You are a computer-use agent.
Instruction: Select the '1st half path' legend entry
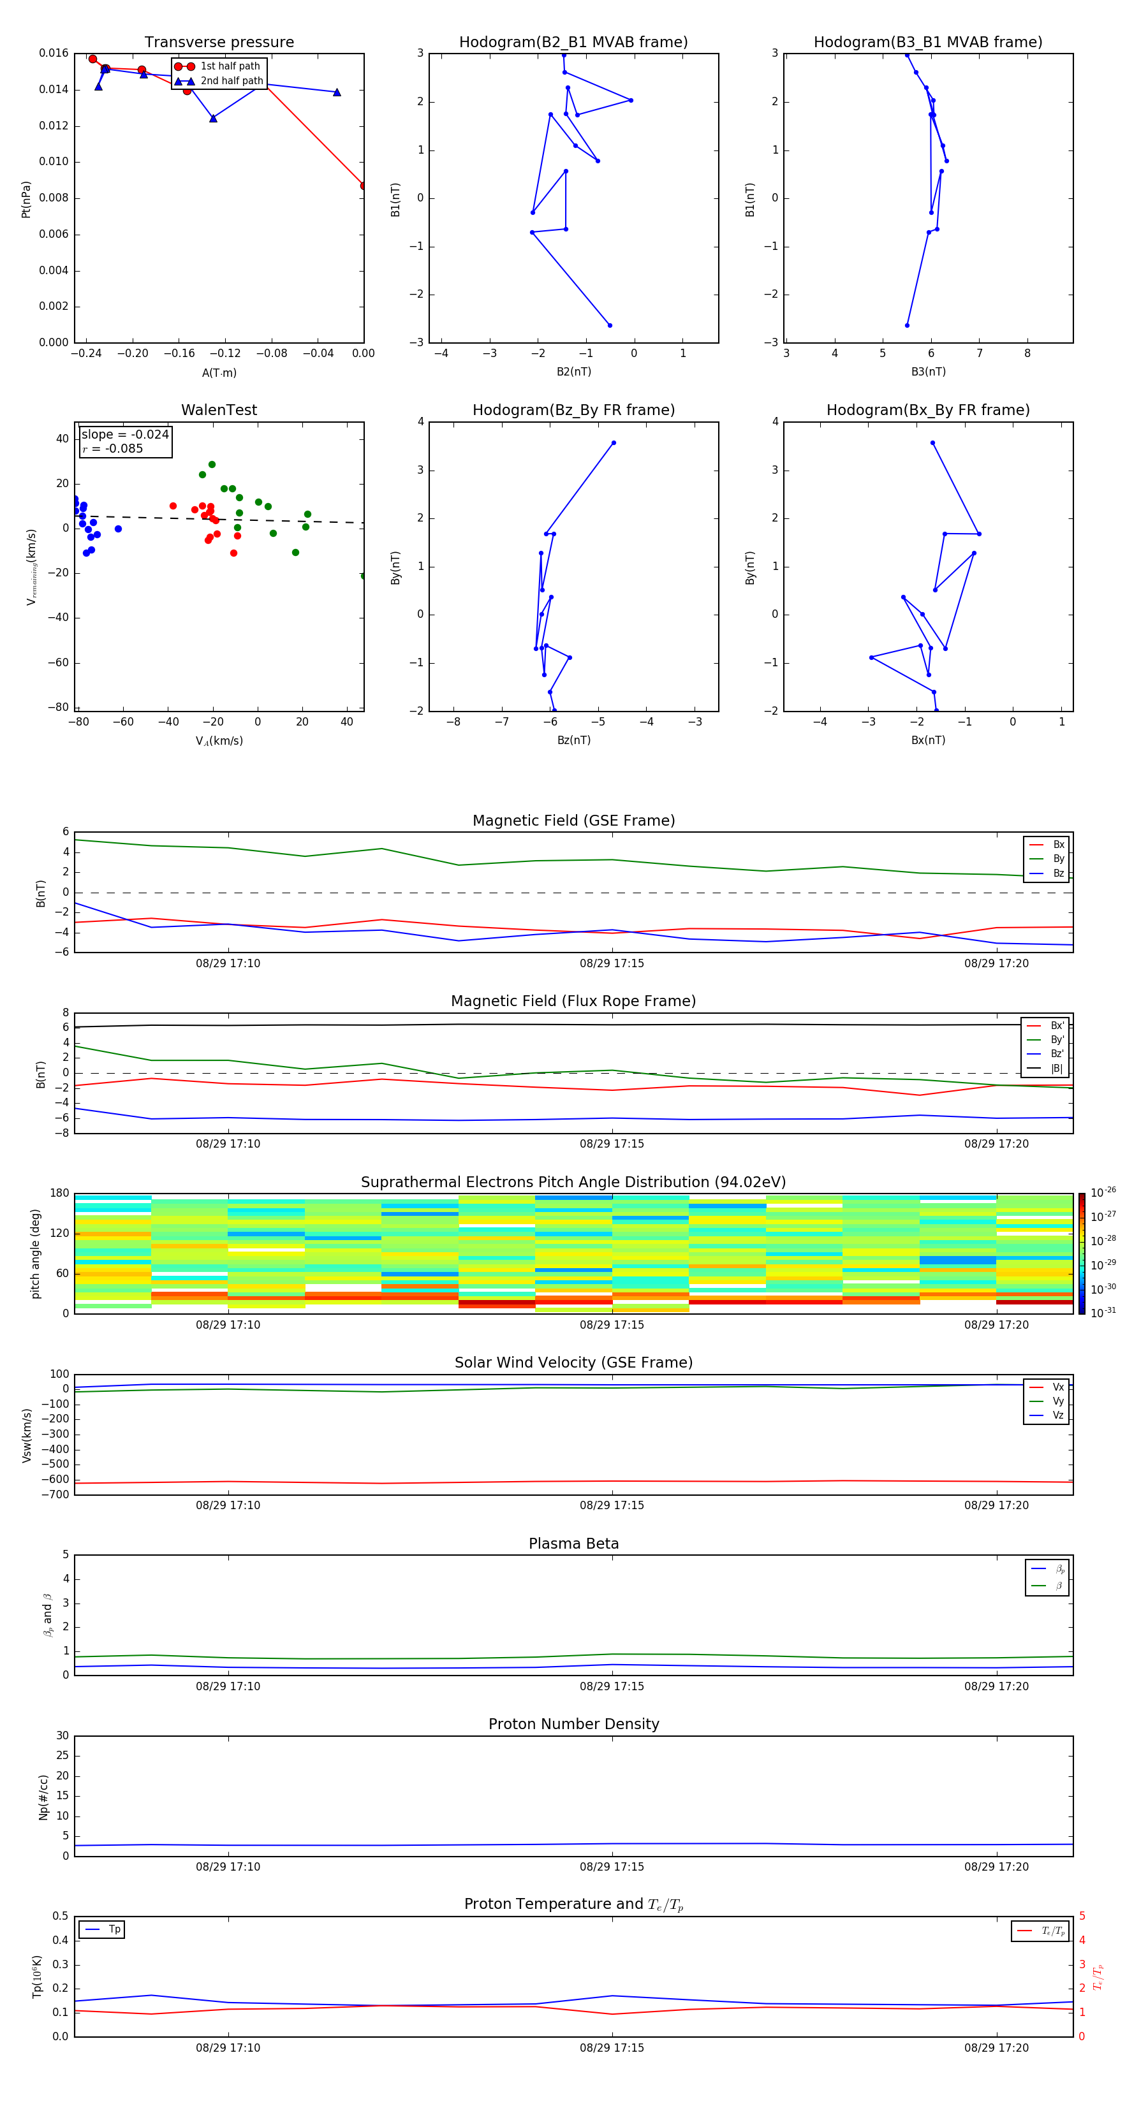point(230,66)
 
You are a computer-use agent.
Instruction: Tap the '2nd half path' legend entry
point(232,81)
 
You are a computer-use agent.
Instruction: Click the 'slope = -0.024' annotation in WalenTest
point(125,435)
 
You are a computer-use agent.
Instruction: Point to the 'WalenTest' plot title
point(219,410)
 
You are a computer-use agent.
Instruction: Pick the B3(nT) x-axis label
point(928,372)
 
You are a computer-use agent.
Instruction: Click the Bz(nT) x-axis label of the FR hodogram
point(573,740)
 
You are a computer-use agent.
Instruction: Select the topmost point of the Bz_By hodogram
point(614,442)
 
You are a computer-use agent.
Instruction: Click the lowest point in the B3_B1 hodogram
point(907,325)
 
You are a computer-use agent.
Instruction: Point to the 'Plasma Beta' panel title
point(573,1544)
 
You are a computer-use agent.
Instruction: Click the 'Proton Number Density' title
point(573,1724)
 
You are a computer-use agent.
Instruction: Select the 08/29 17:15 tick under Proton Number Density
point(612,1866)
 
